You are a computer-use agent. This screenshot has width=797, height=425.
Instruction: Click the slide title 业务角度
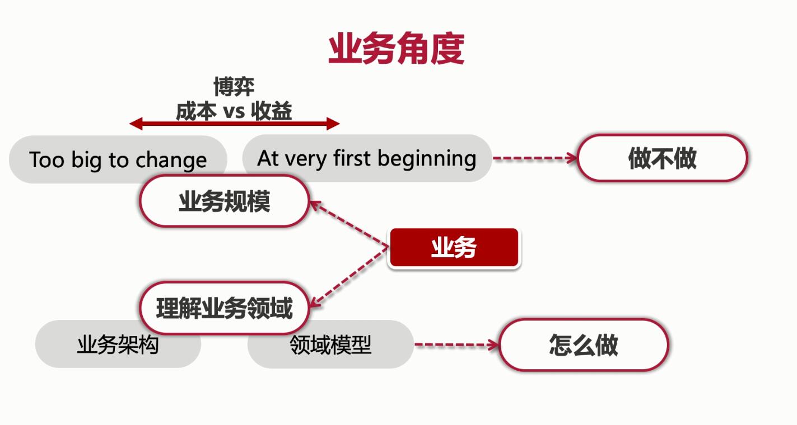pos(396,49)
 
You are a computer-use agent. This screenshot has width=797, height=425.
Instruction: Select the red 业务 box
pos(454,248)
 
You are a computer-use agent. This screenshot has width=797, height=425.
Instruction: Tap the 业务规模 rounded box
pos(224,201)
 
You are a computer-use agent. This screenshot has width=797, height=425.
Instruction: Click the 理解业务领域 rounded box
pos(224,308)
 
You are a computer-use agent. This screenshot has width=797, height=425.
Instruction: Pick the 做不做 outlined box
pos(662,158)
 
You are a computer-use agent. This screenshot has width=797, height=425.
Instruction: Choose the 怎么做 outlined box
pos(583,345)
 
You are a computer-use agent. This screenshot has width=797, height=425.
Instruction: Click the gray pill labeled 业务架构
pos(118,344)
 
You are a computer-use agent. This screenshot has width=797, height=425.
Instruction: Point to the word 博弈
pos(234,87)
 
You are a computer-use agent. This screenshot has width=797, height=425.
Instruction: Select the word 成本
pos(195,111)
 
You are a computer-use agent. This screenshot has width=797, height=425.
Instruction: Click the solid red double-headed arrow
pos(234,124)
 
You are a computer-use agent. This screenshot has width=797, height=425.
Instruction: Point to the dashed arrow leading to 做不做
pos(535,158)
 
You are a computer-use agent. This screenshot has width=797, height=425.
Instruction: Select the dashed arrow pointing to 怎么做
pos(456,345)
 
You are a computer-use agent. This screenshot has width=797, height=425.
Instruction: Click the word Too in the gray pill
pos(47,160)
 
